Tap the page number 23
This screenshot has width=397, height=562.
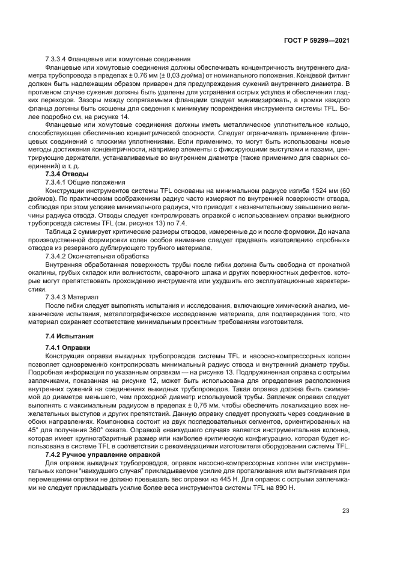[x=345, y=510]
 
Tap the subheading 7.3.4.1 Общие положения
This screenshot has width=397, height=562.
[x=85, y=182]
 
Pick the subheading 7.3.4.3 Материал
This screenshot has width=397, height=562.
[x=76, y=297]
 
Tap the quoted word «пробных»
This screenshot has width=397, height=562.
[x=331, y=239]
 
